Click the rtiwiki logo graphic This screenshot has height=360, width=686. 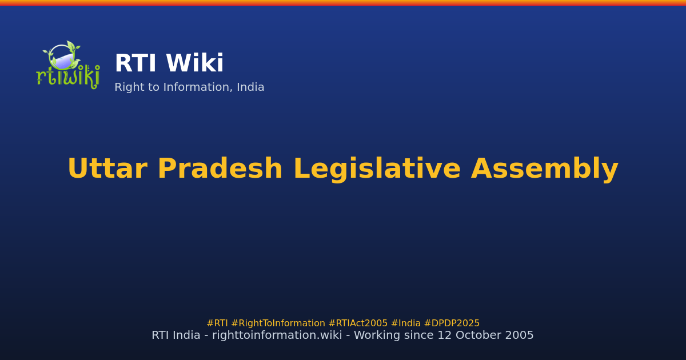[x=68, y=65]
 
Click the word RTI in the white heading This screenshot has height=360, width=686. [x=135, y=64]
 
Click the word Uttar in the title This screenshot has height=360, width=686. [x=107, y=169]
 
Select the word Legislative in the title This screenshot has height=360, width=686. [x=377, y=169]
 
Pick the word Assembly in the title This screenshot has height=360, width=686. [x=544, y=169]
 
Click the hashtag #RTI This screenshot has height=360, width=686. [x=217, y=323]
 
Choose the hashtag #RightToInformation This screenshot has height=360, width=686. [x=278, y=323]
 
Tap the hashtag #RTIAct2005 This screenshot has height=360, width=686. [x=358, y=323]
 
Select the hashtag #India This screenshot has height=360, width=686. [x=406, y=323]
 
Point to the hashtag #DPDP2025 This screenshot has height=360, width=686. [x=452, y=323]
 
